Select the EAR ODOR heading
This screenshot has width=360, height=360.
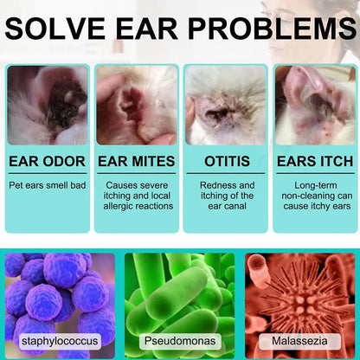[x=48, y=161]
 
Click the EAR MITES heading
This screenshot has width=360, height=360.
[x=137, y=161]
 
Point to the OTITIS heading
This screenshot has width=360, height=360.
[x=227, y=161]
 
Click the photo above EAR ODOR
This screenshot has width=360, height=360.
[x=48, y=105]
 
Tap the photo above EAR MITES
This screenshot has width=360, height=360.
[x=137, y=105]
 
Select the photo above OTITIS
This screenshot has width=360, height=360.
[x=226, y=105]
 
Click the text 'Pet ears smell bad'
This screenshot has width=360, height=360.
[x=48, y=185]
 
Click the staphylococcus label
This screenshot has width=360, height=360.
[x=60, y=342]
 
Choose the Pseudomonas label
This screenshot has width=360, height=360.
[x=179, y=342]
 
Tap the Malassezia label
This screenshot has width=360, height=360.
[x=299, y=342]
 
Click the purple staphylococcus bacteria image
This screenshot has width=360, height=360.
[x=60, y=294]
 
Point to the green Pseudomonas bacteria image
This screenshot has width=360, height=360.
[x=179, y=294]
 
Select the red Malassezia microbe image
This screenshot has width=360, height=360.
[x=299, y=294]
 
